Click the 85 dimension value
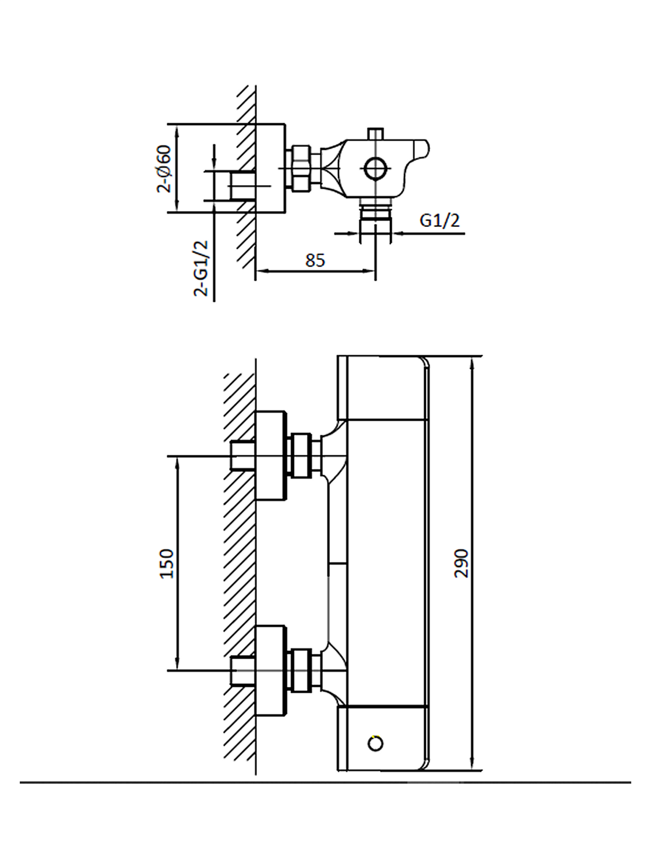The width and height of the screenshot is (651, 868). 315,260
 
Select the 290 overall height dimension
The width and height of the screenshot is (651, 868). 461,563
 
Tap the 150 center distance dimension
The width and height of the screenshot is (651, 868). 167,563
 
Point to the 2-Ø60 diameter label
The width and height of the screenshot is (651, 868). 164,168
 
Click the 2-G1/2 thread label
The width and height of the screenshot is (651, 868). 201,268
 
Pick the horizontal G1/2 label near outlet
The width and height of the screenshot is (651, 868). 439,220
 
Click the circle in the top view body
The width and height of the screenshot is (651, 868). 375,168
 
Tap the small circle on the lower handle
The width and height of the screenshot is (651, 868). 376,743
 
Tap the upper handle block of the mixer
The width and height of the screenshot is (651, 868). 382,388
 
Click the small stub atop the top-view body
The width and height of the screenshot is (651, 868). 376,134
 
